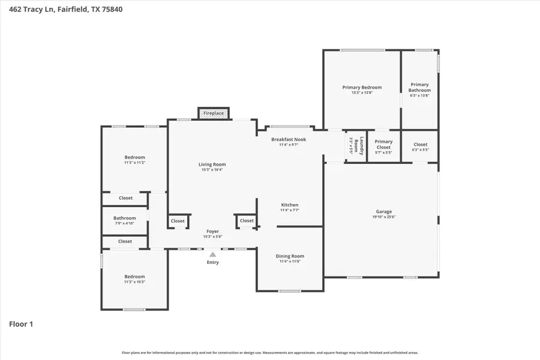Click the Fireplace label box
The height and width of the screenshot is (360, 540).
[x=214, y=113]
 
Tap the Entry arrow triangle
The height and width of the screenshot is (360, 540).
[x=212, y=254]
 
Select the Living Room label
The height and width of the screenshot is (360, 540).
[x=212, y=164]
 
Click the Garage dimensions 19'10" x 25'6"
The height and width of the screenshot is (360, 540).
[x=384, y=217]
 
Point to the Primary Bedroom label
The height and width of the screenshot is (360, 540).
[x=362, y=88]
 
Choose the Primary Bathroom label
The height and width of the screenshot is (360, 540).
[x=419, y=88]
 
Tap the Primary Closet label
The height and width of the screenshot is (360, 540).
[x=383, y=145]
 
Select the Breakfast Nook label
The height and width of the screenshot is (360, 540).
[x=289, y=139]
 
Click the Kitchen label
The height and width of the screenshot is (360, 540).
[x=289, y=205]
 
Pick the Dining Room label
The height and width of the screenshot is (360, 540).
[x=290, y=257]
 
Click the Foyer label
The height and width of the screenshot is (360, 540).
[x=212, y=231]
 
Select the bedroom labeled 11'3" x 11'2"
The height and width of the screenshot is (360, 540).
[x=134, y=160]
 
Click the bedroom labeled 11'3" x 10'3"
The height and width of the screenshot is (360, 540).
[x=134, y=279]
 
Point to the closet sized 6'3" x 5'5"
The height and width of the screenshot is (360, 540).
[x=420, y=146]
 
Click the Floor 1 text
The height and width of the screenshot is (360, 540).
[x=21, y=325]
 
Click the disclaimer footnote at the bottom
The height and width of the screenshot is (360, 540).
[x=270, y=353]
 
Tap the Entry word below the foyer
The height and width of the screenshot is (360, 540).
[x=212, y=262]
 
